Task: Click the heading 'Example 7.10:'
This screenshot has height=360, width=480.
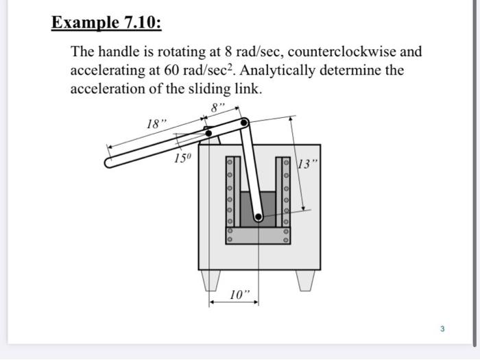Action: point(107,23)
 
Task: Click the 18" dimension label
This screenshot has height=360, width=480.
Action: point(156,124)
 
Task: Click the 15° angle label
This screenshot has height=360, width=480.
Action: point(182,158)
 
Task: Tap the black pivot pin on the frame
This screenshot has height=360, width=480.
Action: point(208,133)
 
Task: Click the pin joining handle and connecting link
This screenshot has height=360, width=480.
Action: point(244,123)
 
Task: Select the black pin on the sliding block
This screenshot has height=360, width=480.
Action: point(259,217)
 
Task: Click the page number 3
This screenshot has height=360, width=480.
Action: point(442,329)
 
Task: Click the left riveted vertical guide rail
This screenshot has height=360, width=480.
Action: point(231,192)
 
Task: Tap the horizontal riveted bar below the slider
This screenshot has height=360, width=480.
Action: point(259,236)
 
